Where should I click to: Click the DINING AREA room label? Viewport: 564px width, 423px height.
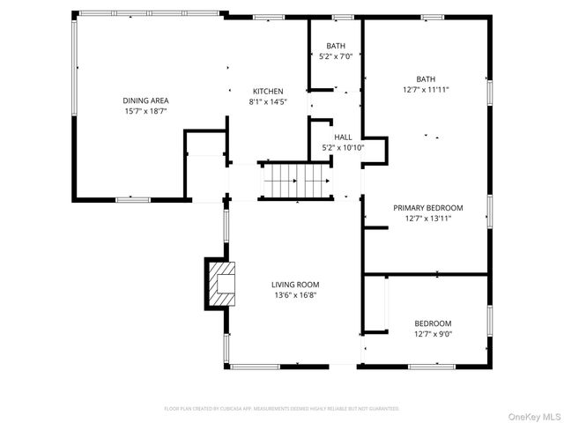[145, 100]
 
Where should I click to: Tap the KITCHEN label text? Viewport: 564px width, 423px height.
[268, 92]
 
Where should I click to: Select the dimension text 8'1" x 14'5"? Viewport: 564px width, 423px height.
[268, 101]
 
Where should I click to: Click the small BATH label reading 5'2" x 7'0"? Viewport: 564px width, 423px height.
[336, 46]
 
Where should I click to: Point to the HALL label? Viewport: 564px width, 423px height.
[343, 137]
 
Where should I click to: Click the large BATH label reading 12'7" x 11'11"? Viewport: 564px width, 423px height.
[426, 78]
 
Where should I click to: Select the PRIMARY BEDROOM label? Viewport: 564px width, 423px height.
[427, 208]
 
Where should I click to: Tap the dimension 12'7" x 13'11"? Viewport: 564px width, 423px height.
[427, 219]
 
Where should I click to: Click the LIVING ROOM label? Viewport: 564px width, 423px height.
[294, 285]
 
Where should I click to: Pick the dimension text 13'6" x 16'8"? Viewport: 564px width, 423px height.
[294, 295]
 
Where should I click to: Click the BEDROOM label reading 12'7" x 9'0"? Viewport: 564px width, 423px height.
[433, 323]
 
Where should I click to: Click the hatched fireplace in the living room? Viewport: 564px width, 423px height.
[222, 283]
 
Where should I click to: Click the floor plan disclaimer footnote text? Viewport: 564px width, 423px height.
[281, 409]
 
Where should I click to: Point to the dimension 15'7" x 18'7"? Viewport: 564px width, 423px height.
[145, 111]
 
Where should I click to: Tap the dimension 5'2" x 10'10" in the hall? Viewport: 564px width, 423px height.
[343, 147]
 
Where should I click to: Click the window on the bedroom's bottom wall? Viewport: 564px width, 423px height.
[432, 365]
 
